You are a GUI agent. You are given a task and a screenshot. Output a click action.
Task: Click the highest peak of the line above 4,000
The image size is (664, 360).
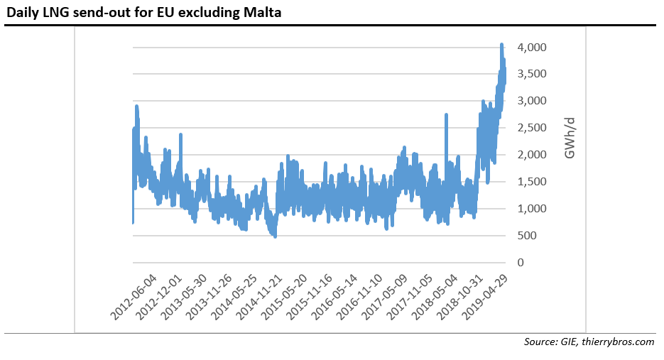pyautogui.click(x=501, y=45)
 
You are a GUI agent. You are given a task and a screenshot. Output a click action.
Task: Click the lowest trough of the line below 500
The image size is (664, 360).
pyautogui.click(x=275, y=236)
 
